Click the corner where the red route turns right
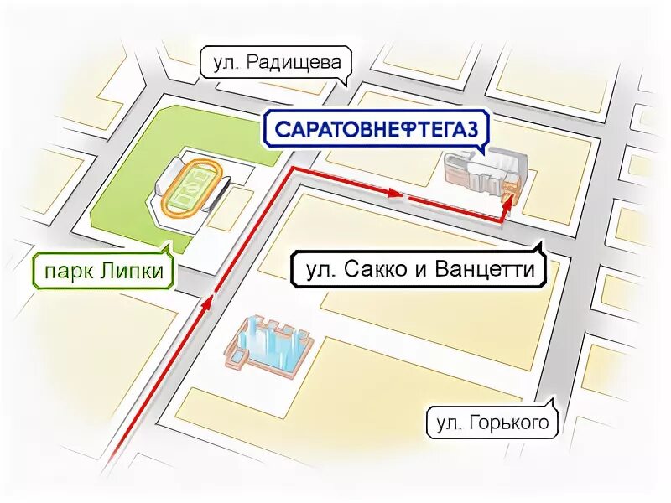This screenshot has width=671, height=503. tap(292, 169)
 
